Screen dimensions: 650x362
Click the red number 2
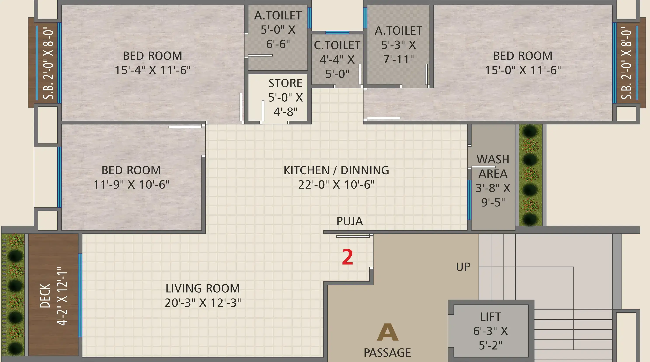[347, 257]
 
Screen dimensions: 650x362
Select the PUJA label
[350, 221]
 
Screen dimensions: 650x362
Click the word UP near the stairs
[463, 267]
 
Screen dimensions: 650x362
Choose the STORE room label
[285, 83]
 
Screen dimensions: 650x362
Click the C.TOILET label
[337, 45]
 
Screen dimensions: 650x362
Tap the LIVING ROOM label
[203, 288]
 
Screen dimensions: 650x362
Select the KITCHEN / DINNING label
[336, 170]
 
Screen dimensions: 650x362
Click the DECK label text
[45, 296]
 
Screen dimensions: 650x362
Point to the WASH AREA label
[493, 166]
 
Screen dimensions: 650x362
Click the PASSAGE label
[387, 353]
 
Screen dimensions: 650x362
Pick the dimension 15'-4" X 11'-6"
[153, 70]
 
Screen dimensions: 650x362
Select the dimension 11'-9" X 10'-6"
[131, 184]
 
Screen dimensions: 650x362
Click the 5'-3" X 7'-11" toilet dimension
[398, 52]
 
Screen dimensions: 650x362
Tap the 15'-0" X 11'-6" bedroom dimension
[523, 70]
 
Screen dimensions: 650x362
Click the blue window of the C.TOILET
[337, 33]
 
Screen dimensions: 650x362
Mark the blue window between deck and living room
[80, 295]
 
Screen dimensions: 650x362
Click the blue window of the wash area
[469, 200]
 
